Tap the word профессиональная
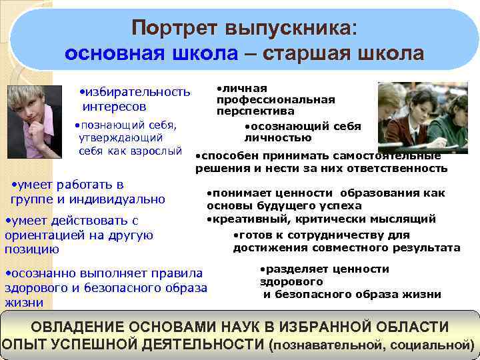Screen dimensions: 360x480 (276, 99)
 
